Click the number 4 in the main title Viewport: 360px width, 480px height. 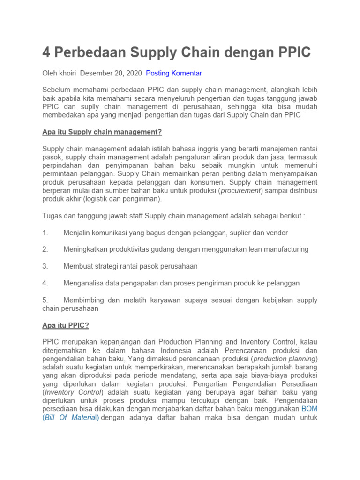tap(46, 52)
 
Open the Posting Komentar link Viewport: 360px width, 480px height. tap(174, 73)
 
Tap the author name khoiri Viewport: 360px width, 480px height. tap(68, 73)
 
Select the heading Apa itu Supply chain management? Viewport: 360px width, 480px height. tap(102, 132)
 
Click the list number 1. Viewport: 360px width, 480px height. tap(45, 232)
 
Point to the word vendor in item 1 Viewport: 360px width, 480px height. tap(277, 232)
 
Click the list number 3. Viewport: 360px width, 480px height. tap(45, 266)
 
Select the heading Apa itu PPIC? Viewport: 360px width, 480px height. tap(65, 325)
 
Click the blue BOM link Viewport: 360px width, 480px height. tap(309, 409)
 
